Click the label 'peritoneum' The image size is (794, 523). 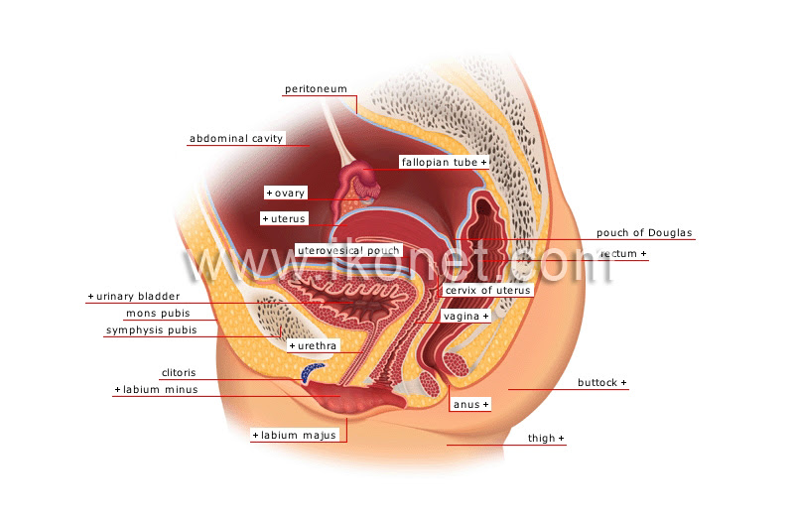[x=316, y=89]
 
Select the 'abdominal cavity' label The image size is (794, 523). [x=236, y=138]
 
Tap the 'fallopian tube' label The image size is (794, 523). [x=440, y=162]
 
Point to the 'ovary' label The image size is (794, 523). [x=290, y=193]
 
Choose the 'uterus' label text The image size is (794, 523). [x=288, y=218]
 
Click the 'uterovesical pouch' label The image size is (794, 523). [x=348, y=251]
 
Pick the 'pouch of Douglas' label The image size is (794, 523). [x=644, y=233]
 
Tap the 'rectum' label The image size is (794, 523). [x=618, y=254]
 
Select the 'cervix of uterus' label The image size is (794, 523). [x=488, y=290]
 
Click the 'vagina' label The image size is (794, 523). [x=462, y=317]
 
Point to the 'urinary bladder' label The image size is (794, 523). [x=138, y=296]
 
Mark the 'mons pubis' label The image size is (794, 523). [x=158, y=314]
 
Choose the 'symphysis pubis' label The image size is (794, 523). [x=152, y=330]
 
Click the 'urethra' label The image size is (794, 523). [x=317, y=345]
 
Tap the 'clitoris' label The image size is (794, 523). [x=179, y=372]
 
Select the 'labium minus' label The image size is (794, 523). [x=161, y=389]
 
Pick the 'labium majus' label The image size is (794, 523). [x=299, y=436]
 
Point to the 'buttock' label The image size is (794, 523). [x=597, y=383]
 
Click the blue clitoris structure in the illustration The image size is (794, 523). [x=311, y=371]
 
